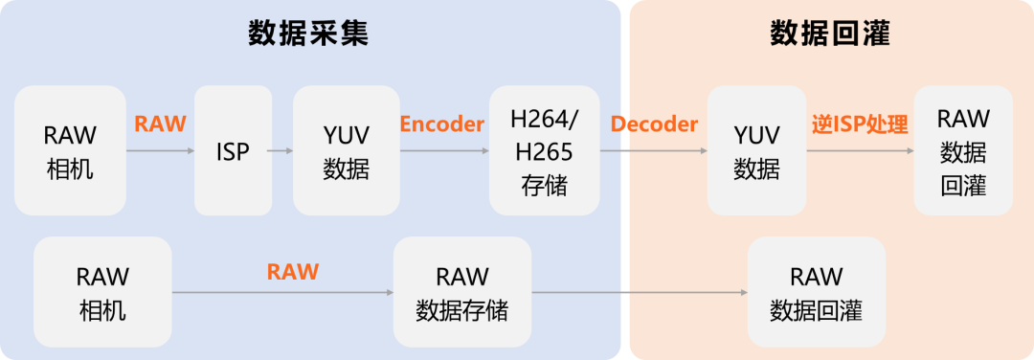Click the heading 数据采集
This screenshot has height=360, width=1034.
coord(308,34)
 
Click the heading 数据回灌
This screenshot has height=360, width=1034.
coord(830,34)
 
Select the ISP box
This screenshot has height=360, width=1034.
coord(233,150)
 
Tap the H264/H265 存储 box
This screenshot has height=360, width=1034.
coord(544,150)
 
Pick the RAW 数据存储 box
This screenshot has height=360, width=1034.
coord(461,293)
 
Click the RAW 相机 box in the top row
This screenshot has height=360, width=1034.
coord(70,150)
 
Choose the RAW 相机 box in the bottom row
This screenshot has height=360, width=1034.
coord(102,293)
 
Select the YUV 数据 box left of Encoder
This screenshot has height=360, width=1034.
coord(346,150)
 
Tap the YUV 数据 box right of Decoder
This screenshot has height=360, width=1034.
coord(756,150)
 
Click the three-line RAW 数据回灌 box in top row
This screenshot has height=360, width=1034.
coord(963,150)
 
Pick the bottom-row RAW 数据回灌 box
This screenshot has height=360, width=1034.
coord(816,293)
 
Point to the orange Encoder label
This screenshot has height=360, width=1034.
coord(441,124)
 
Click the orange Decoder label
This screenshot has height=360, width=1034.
coord(654,124)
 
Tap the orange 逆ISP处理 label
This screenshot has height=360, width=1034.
coord(860,124)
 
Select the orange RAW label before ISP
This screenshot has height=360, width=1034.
coord(160,124)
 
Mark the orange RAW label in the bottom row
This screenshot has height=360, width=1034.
coord(292,271)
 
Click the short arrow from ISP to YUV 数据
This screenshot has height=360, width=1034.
coord(280,150)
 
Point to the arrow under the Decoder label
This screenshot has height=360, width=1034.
coord(654,150)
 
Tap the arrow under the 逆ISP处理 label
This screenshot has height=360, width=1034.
coord(860,150)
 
